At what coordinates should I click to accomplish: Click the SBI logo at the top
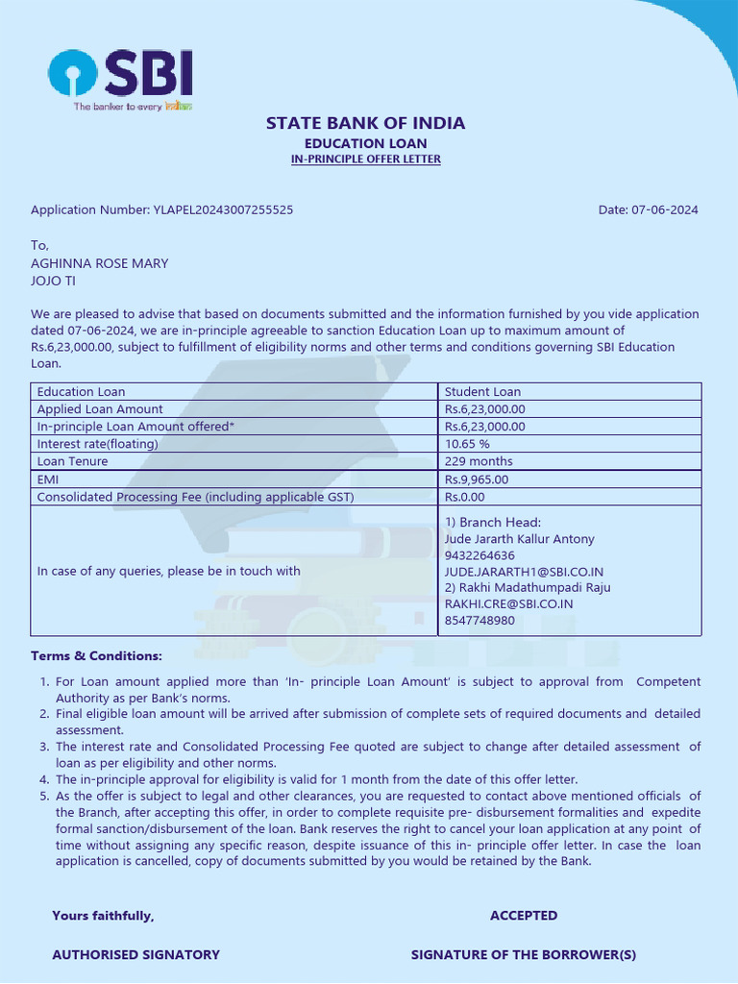121,79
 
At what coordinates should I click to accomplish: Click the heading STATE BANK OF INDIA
365,123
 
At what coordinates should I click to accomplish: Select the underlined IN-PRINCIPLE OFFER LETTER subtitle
365,160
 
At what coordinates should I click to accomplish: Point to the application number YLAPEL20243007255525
223,209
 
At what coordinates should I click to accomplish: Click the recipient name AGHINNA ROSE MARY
100,263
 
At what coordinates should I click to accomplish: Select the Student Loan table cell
482,392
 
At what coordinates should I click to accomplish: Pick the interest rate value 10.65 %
467,444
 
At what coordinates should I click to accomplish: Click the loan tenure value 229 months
479,461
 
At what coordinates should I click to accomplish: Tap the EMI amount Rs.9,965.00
477,480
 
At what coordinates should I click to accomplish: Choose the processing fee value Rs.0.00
465,497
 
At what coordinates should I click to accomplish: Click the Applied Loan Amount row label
100,409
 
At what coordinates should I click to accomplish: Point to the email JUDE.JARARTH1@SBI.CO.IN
524,572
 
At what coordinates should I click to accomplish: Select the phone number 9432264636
480,555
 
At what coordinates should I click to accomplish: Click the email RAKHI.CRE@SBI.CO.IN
508,603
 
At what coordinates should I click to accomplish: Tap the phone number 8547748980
480,620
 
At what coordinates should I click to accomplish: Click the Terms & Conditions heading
96,655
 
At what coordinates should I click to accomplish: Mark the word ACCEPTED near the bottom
524,916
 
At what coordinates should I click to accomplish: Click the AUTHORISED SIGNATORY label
135,954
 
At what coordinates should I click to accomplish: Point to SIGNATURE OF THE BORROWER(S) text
524,954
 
